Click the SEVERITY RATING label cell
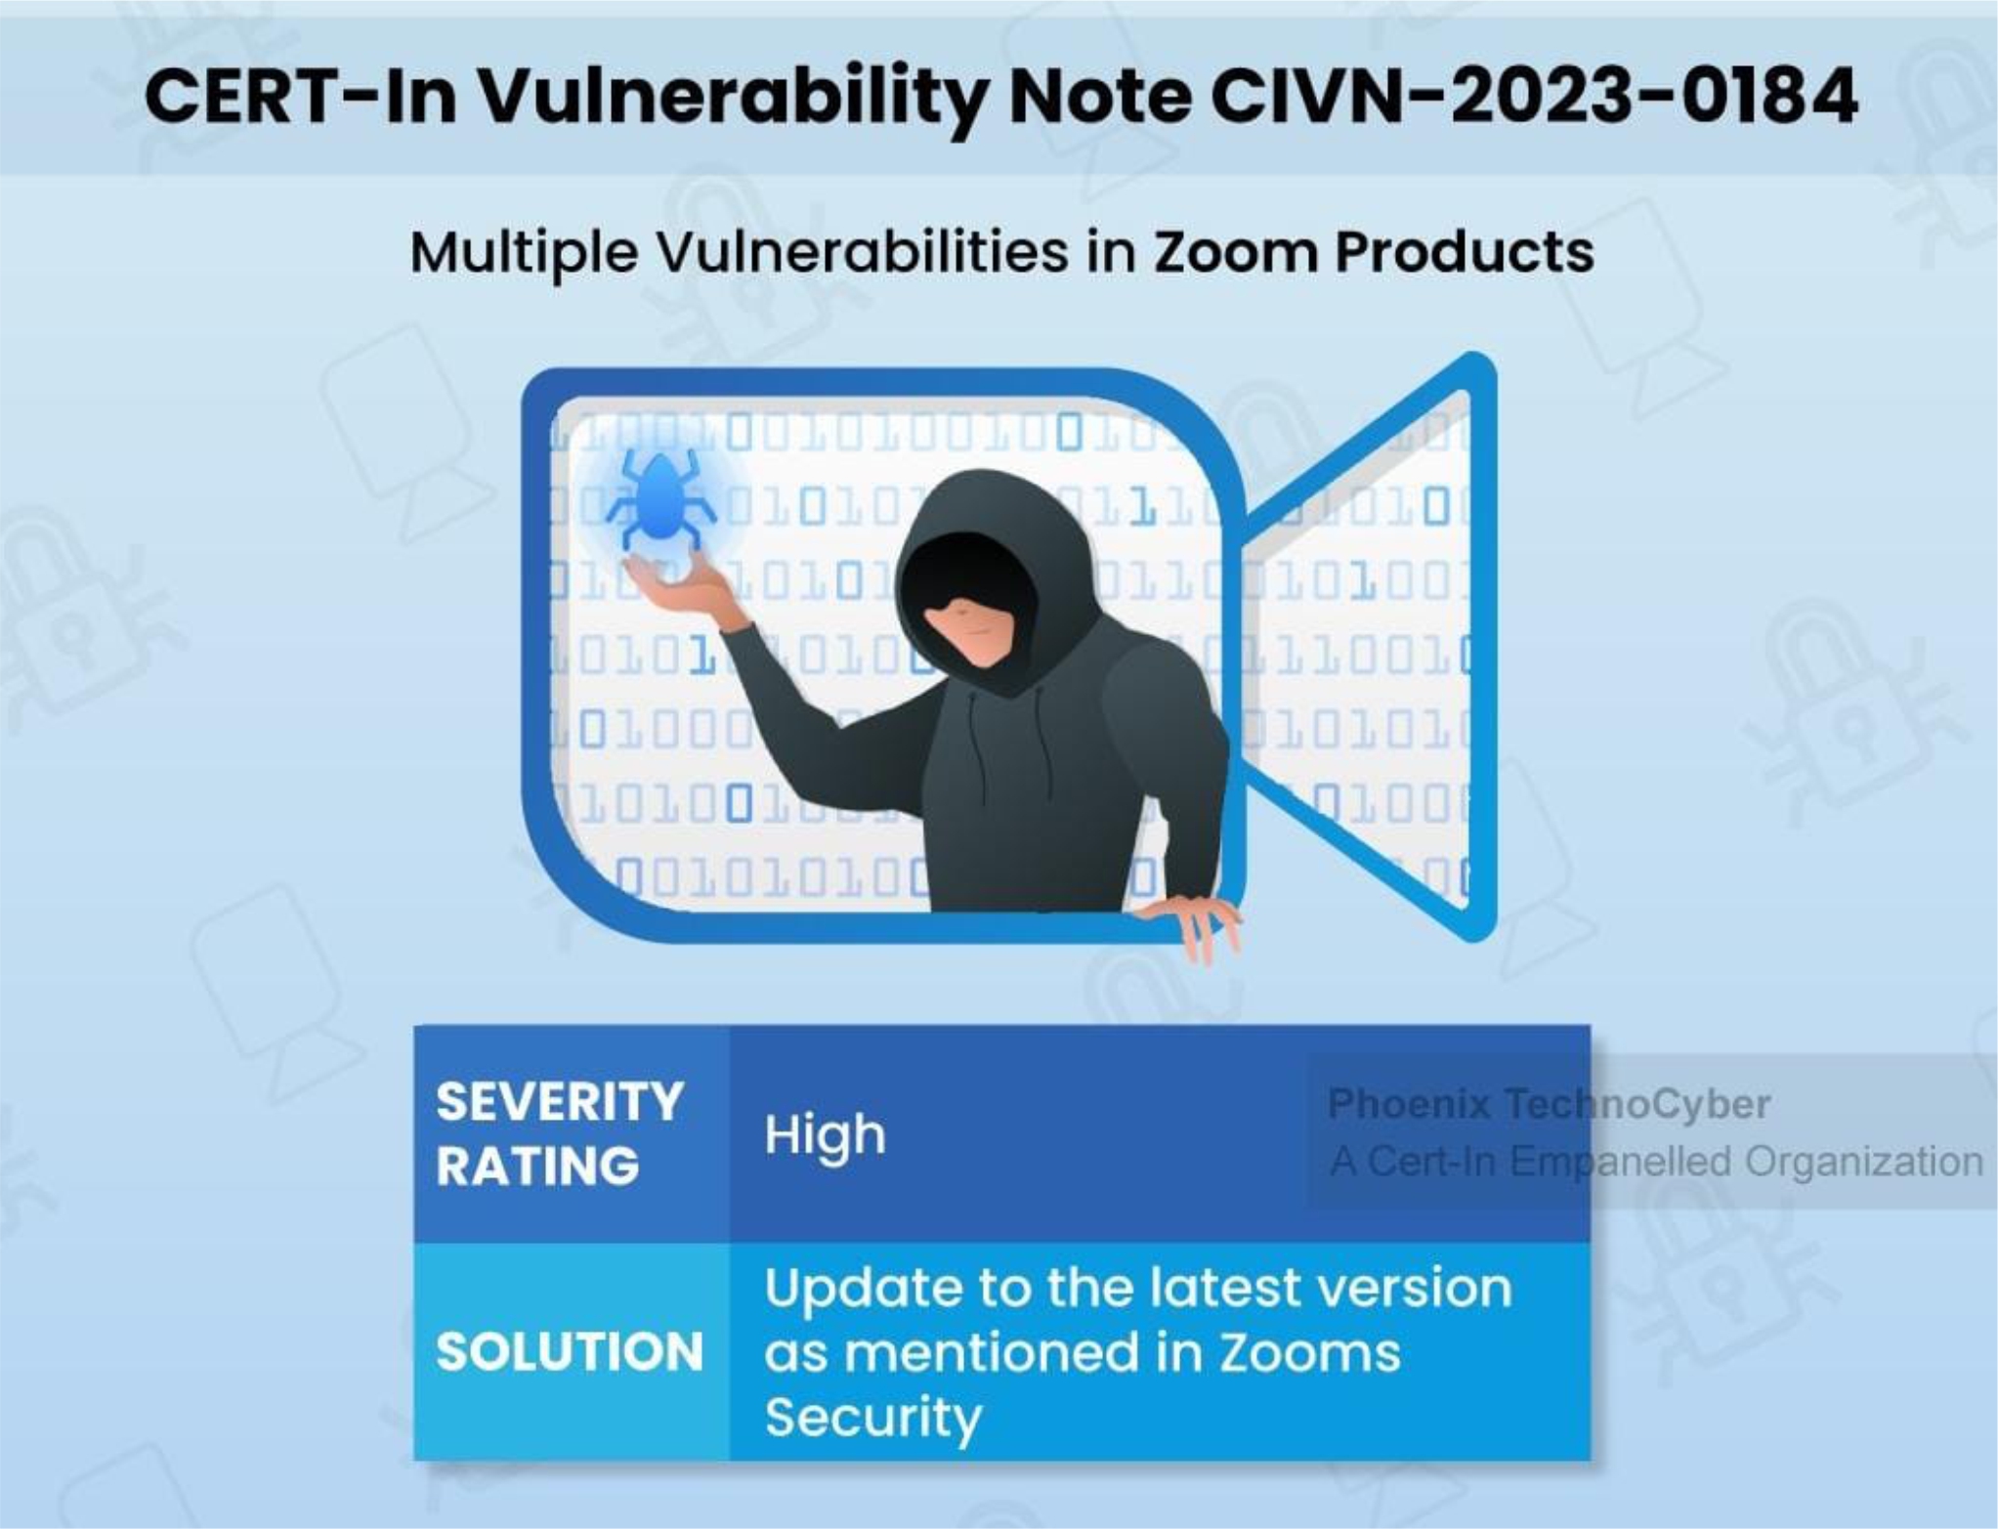tap(572, 1133)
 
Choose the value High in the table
tap(825, 1135)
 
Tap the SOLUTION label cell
tap(572, 1351)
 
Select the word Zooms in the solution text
tap(1308, 1353)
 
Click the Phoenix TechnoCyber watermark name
tap(1549, 1103)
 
